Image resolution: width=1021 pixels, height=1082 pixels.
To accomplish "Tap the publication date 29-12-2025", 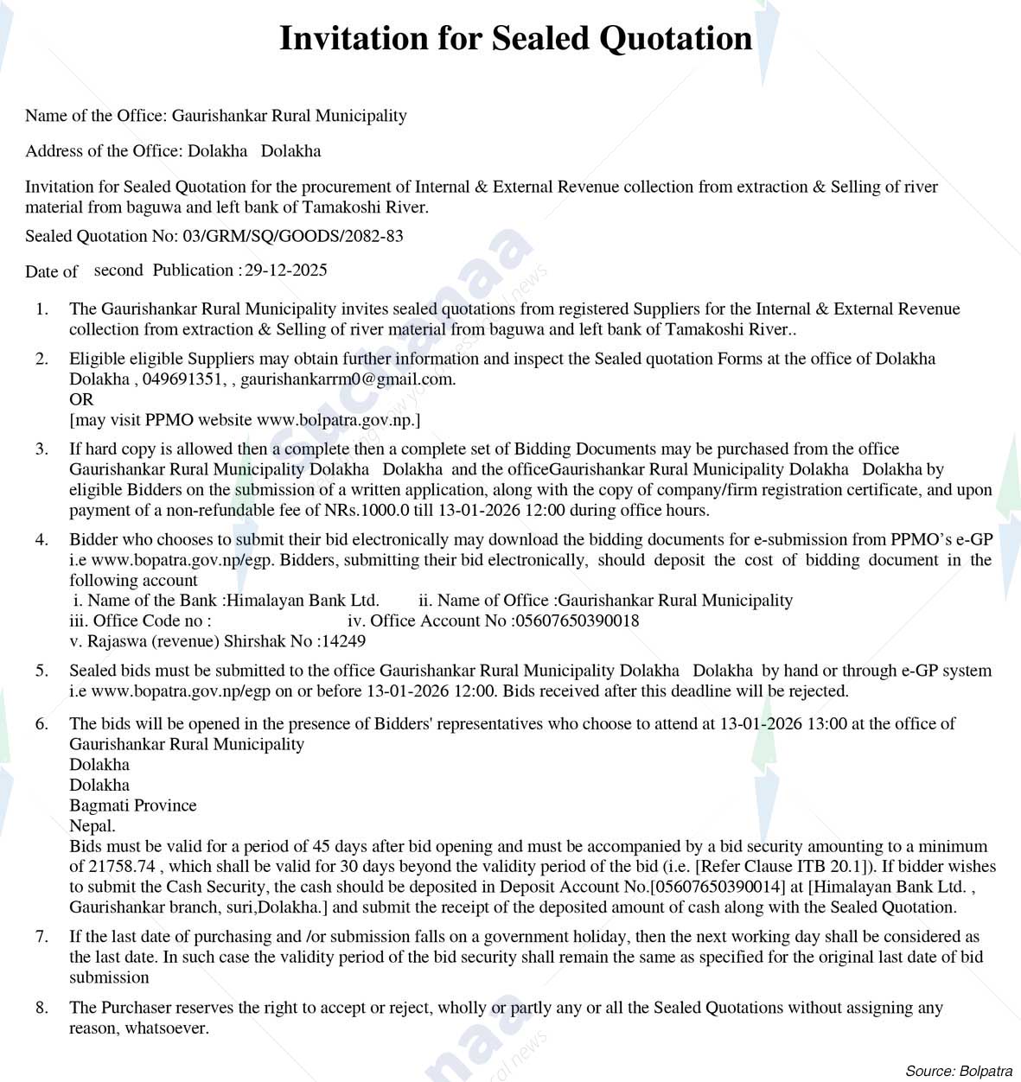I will click(286, 270).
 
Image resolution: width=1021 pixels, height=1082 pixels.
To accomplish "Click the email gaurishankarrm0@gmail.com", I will click(347, 379).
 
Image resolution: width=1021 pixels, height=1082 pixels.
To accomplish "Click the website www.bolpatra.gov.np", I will click(336, 420).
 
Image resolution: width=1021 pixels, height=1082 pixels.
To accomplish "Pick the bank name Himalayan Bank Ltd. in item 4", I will click(303, 601).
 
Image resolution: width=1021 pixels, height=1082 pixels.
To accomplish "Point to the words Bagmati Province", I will click(133, 805).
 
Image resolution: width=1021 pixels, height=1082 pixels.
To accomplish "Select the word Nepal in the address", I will click(91, 825).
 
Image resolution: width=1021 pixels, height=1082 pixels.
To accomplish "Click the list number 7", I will click(41, 937).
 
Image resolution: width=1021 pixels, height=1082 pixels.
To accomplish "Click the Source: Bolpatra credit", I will click(958, 1071).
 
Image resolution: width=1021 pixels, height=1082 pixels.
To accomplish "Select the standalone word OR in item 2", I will click(81, 399).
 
